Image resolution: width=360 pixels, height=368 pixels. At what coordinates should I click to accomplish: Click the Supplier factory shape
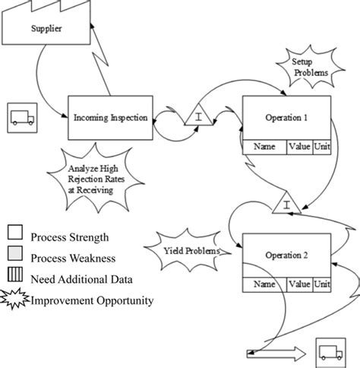[x=46, y=29]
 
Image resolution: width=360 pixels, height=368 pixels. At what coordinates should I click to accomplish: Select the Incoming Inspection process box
[x=111, y=118]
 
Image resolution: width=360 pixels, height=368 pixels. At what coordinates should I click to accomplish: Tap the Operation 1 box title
[x=286, y=119]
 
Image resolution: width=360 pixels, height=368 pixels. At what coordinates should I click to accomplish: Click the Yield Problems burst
[x=191, y=250]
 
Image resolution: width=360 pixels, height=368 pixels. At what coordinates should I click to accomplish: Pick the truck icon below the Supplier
[x=21, y=116]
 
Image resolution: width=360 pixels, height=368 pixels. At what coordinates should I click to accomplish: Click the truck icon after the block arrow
[x=329, y=352]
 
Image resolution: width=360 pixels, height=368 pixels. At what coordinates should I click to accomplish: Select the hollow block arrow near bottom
[x=277, y=352]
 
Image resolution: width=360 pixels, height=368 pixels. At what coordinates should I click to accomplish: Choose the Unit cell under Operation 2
[x=322, y=284]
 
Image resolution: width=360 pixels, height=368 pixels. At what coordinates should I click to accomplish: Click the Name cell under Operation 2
[x=264, y=284]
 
